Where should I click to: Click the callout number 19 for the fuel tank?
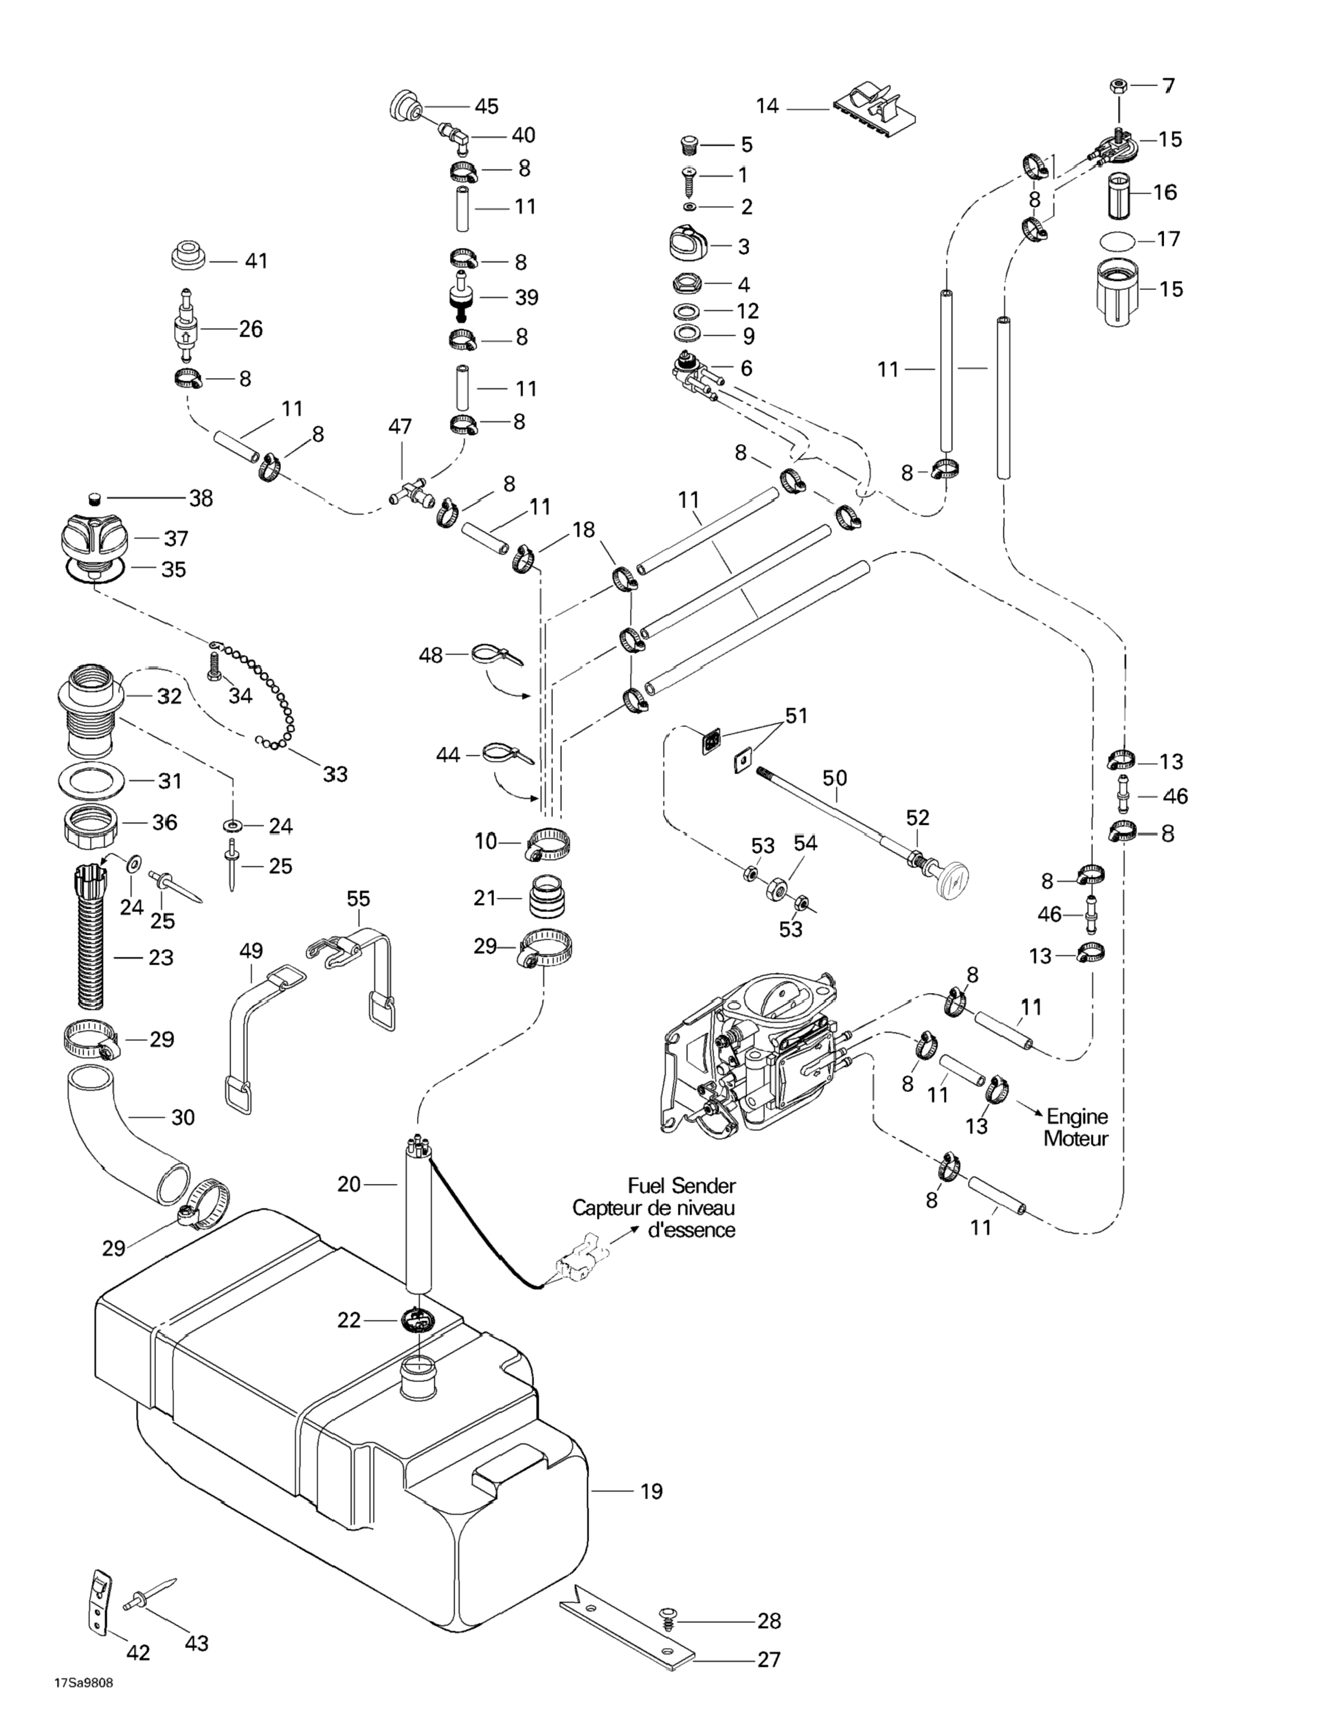(651, 1491)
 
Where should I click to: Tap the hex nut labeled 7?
(1118, 85)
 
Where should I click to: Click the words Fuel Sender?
(682, 1186)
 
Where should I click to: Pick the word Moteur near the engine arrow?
(1075, 1139)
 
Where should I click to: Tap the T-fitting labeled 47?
(409, 491)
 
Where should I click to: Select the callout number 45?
(486, 106)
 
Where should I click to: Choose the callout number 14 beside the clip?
(767, 106)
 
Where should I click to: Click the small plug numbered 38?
(93, 498)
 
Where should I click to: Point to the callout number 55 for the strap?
(358, 898)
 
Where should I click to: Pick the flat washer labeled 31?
(92, 780)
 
